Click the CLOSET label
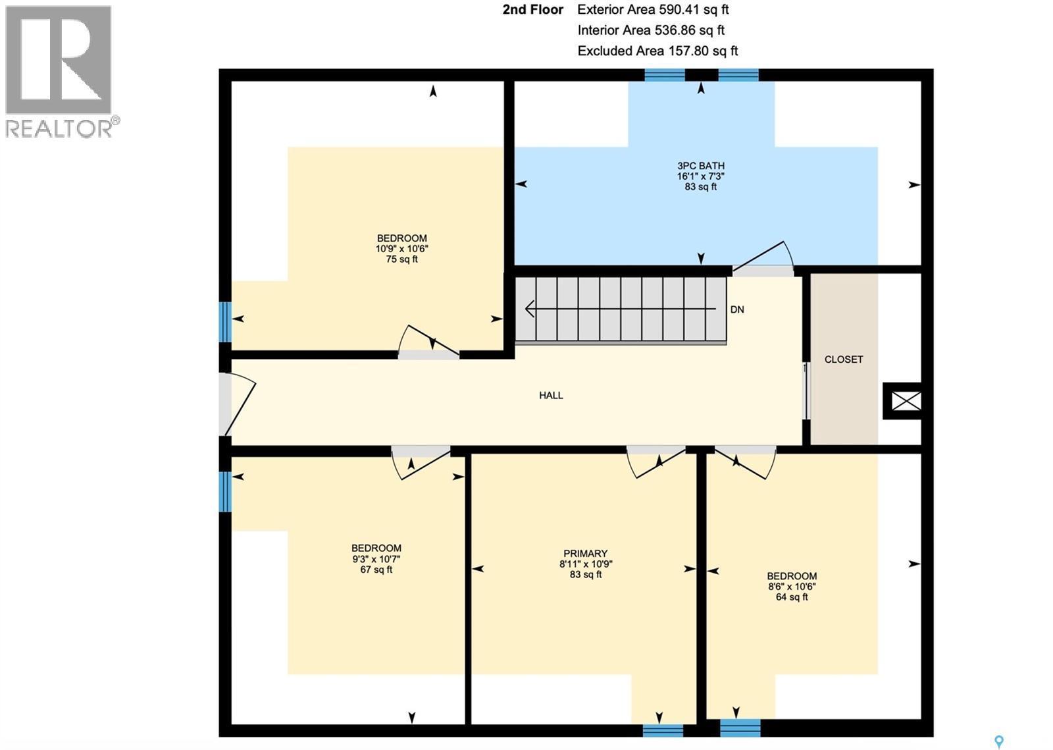(x=843, y=360)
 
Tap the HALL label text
(x=551, y=395)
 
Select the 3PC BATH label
(x=700, y=166)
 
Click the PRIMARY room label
(x=585, y=554)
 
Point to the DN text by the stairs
(x=737, y=309)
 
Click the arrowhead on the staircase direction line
(x=529, y=308)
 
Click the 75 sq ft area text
(x=401, y=259)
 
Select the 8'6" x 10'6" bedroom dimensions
(x=792, y=587)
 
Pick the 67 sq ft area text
(x=376, y=570)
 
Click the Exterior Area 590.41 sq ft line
(x=653, y=10)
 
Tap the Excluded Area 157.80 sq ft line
(x=657, y=51)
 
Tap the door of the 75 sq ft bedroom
(x=428, y=341)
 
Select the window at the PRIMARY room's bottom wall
(x=663, y=730)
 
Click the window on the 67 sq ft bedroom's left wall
(x=225, y=491)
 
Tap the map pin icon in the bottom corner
(x=999, y=742)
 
